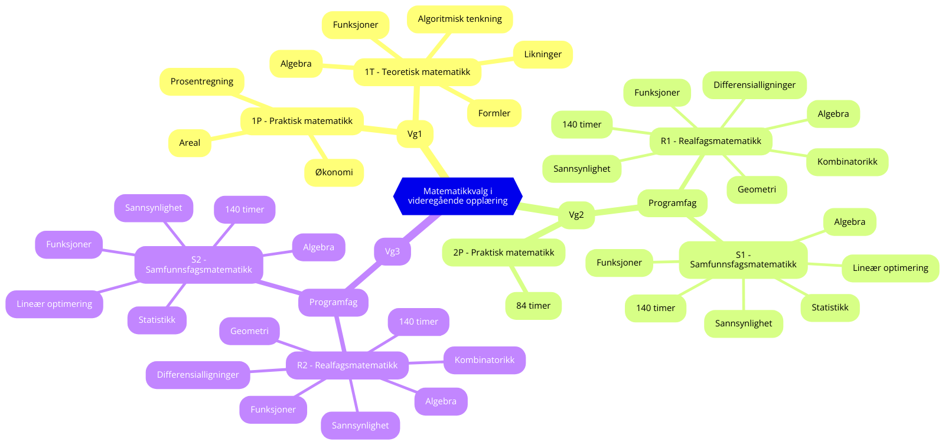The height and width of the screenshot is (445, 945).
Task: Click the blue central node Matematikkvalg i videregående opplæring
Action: pos(458,196)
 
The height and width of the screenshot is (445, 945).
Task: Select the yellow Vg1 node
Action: pos(415,134)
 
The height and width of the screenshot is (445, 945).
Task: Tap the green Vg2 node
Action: pos(576,215)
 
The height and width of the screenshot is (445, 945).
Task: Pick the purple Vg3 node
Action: pos(392,251)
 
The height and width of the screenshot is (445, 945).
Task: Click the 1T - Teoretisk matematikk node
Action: pos(417,72)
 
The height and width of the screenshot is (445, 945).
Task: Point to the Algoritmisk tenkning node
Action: pos(460,19)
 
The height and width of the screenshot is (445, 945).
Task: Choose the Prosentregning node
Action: pos(201,81)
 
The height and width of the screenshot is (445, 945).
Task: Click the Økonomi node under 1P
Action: pos(334,172)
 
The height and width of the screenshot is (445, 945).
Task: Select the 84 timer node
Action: pos(533,306)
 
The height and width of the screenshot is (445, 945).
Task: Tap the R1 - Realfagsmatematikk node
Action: pos(711,141)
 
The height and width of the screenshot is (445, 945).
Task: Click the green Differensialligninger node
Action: pos(754,85)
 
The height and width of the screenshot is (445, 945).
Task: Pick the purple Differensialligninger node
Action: pos(198,375)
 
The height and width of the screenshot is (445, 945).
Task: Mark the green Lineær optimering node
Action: pos(890,268)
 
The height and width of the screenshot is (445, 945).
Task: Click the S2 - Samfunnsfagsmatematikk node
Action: pos(198,264)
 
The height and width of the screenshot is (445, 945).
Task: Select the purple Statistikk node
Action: pos(157,320)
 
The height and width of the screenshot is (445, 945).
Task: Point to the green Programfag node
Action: pos(672,203)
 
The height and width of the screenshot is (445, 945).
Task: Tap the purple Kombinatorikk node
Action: pos(484,360)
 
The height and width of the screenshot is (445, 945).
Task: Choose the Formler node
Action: pos(494,113)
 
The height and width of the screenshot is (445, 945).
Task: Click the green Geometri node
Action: pos(757,189)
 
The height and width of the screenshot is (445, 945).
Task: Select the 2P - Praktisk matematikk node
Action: pos(503,253)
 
